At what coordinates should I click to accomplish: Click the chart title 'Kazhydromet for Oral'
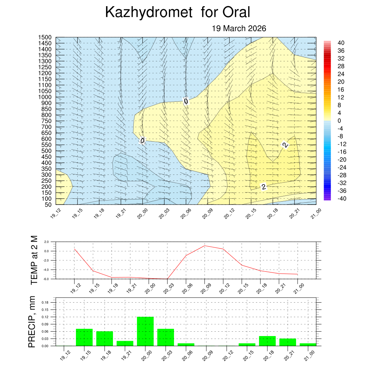(x=178, y=13)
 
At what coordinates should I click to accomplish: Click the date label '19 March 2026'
(x=239, y=28)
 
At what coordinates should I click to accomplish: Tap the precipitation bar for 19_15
(x=84, y=337)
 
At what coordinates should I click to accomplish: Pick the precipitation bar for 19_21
(x=125, y=343)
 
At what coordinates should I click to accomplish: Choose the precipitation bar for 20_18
(x=267, y=341)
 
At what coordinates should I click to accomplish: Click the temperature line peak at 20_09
(x=205, y=246)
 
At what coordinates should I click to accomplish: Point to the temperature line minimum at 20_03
(x=167, y=279)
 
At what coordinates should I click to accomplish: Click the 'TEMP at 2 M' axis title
(x=34, y=260)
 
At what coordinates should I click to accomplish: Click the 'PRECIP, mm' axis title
(x=33, y=322)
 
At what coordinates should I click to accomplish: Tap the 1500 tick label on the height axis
(x=45, y=37)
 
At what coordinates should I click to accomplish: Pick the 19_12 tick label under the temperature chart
(x=74, y=288)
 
